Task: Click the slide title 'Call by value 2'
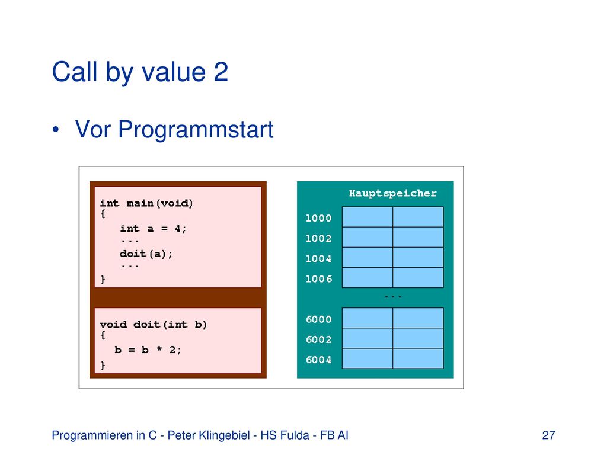(x=140, y=72)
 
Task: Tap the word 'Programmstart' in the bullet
(x=196, y=129)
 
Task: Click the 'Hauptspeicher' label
(x=392, y=193)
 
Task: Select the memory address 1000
(x=318, y=218)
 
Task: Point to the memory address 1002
(x=318, y=238)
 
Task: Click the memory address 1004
(x=318, y=258)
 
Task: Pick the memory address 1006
(x=318, y=278)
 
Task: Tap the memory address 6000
(x=318, y=319)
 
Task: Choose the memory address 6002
(x=318, y=339)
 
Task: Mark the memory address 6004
(x=318, y=360)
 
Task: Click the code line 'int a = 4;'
(x=153, y=228)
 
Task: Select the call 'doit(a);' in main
(x=146, y=254)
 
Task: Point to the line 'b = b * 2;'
(x=148, y=350)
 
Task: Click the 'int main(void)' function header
(x=146, y=203)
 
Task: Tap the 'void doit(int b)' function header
(x=154, y=324)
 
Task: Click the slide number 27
(x=548, y=435)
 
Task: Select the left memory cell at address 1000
(x=368, y=217)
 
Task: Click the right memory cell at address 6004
(x=418, y=358)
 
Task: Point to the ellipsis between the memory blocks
(x=393, y=297)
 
